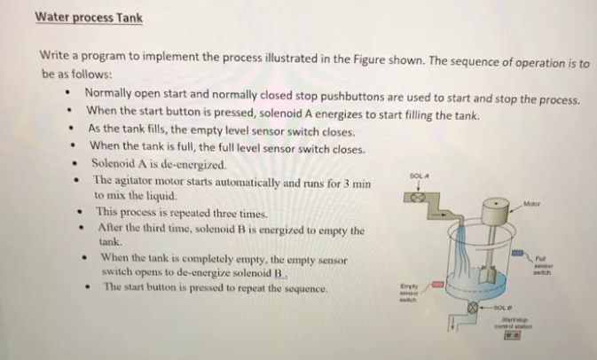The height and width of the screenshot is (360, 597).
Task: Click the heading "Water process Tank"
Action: coord(89,18)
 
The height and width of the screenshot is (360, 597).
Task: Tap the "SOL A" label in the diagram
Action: coord(420,177)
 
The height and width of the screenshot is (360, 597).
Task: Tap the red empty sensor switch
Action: coord(436,286)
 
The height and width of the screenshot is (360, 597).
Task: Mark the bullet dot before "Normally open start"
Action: coord(67,93)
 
